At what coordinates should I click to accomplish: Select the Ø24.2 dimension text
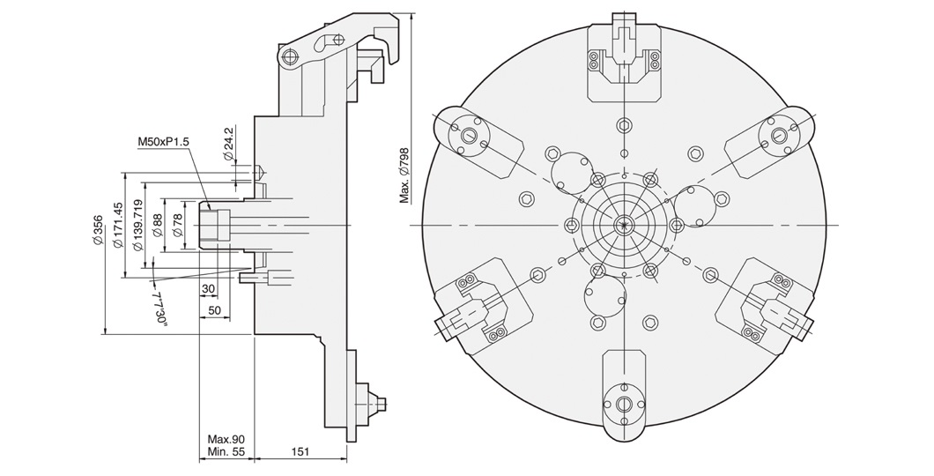tap(228, 144)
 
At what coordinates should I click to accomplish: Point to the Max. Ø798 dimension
tap(404, 175)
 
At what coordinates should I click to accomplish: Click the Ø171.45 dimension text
tap(117, 227)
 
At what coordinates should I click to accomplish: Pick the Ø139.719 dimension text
tap(137, 225)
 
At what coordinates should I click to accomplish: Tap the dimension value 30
tap(208, 290)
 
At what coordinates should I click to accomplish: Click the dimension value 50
tap(214, 311)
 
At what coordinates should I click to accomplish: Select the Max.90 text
tap(226, 438)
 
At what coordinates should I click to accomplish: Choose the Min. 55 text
tap(226, 450)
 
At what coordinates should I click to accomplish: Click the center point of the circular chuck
tap(624, 225)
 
